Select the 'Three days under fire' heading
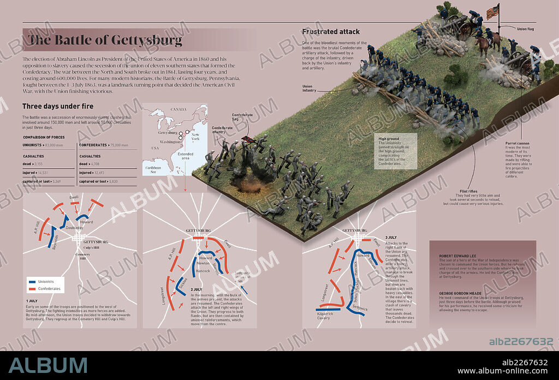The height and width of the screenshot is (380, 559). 58,106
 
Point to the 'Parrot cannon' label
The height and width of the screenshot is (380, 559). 518,143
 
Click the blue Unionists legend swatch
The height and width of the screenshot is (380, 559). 33,281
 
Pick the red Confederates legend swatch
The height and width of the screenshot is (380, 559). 33,288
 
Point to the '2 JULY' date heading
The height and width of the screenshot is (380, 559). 197,289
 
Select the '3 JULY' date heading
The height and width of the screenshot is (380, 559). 391,238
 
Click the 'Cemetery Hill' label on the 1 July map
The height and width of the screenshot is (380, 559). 84,257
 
